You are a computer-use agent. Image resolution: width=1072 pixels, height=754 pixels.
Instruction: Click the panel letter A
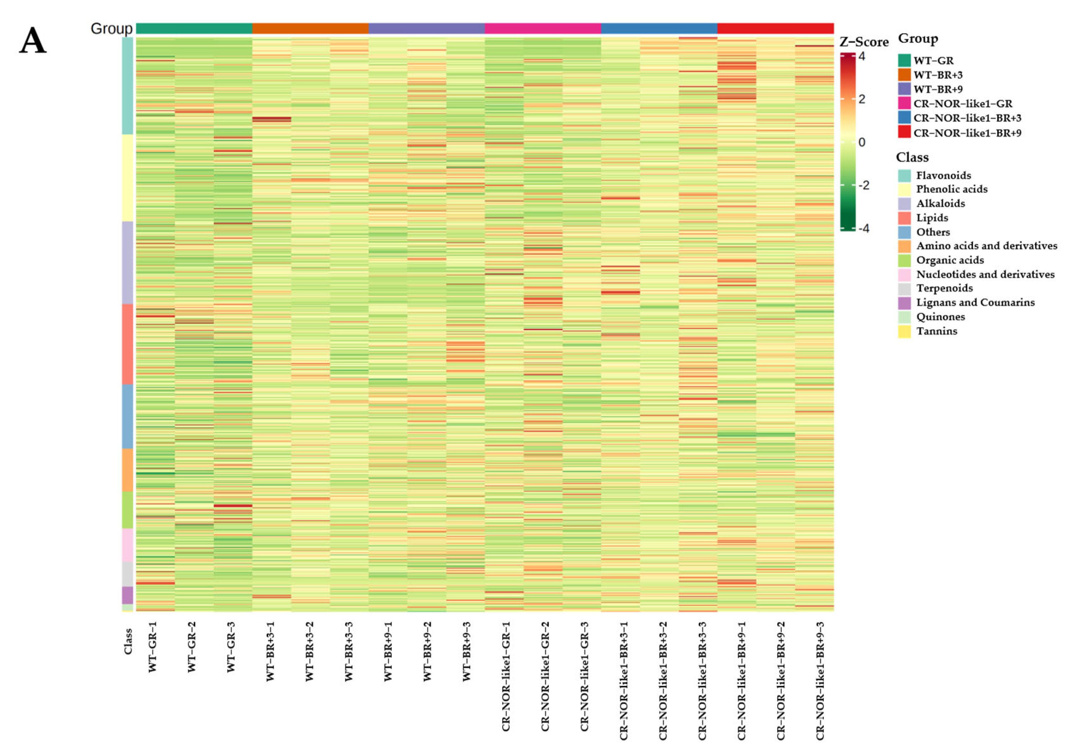[x=33, y=41]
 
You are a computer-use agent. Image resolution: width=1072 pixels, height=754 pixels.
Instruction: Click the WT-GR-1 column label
[x=153, y=647]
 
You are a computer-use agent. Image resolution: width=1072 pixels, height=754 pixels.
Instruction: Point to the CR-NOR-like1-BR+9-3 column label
[x=820, y=680]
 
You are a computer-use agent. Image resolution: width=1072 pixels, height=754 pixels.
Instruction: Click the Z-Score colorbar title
[x=863, y=42]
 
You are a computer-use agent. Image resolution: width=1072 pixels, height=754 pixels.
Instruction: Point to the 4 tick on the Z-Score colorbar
[x=862, y=56]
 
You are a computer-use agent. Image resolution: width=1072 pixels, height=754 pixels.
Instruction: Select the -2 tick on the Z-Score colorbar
[x=863, y=185]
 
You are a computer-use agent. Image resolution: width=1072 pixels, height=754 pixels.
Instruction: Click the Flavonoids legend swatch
[x=904, y=175]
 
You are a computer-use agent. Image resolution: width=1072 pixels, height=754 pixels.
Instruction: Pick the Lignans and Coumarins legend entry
[x=975, y=303]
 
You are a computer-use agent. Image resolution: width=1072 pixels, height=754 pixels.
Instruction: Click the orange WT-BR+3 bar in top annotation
[x=310, y=28]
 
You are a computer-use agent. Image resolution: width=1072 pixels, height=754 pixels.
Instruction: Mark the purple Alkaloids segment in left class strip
[x=128, y=262]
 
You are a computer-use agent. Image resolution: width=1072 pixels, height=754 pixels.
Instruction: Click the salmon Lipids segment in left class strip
[x=128, y=344]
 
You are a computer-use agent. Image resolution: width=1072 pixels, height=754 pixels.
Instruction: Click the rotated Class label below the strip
[x=128, y=641]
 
